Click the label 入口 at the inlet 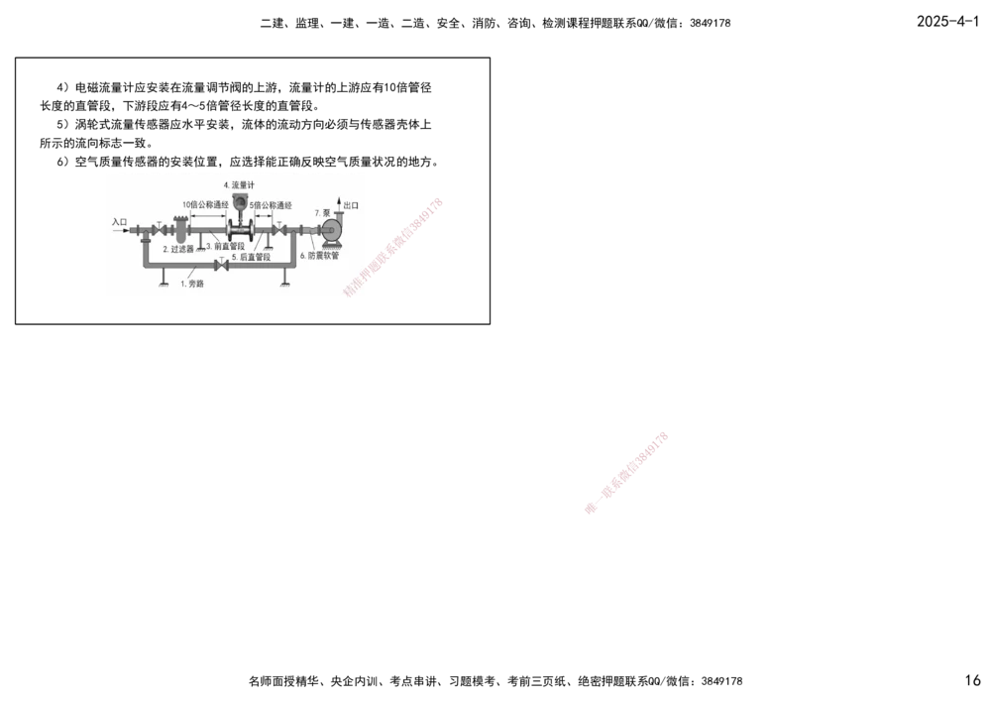pos(120,222)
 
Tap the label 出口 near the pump pos(351,205)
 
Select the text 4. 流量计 pos(238,185)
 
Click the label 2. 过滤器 pos(178,250)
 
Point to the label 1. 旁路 pos(191,284)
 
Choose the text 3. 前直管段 pos(226,246)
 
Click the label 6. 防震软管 pos(319,255)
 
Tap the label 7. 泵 pos(322,212)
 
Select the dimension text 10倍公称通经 pos(207,204)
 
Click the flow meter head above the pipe pos(238,205)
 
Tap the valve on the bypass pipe pos(221,267)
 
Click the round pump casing pos(329,228)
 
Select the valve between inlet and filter pos(159,231)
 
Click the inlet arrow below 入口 pos(120,231)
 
